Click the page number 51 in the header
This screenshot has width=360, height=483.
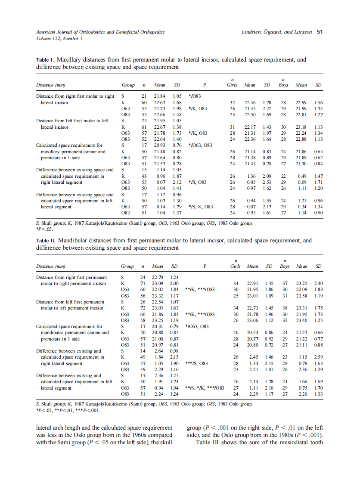tap(320, 32)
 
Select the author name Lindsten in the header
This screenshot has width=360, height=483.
tap(253, 32)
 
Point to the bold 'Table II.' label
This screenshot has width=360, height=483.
tap(47, 241)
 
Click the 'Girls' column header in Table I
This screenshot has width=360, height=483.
tap(232, 85)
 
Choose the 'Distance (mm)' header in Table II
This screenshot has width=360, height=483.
tap(50, 266)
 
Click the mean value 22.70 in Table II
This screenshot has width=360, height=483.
tap(158, 277)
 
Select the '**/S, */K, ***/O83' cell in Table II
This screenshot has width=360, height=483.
tap(205, 387)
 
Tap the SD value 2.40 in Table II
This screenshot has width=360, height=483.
tap(318, 283)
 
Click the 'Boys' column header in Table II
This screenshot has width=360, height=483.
tap(284, 266)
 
